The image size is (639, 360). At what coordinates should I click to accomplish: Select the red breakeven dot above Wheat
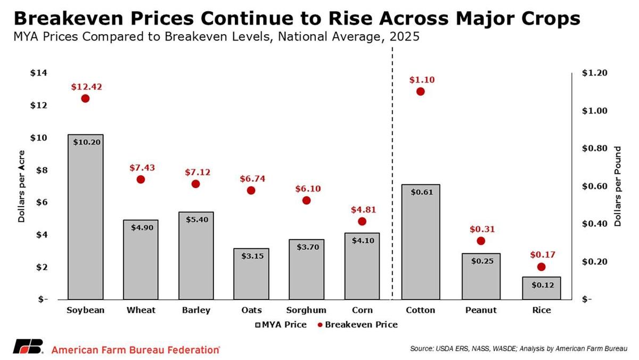pos(141,179)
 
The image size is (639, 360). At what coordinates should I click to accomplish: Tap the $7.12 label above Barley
pos(195,173)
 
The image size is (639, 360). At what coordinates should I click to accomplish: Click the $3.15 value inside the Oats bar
pos(251,256)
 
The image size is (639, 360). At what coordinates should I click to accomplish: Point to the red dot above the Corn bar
pos(362,222)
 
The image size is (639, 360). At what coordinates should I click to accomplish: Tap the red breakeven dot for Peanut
pos(481,241)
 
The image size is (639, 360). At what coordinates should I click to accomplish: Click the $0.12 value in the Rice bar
pos(543,285)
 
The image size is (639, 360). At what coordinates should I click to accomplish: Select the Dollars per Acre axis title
pos(22,186)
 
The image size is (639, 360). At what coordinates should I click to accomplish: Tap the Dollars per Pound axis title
pos(618,186)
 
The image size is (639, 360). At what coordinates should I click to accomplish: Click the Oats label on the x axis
pos(251,310)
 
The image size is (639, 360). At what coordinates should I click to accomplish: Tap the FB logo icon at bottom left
pos(28,347)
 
